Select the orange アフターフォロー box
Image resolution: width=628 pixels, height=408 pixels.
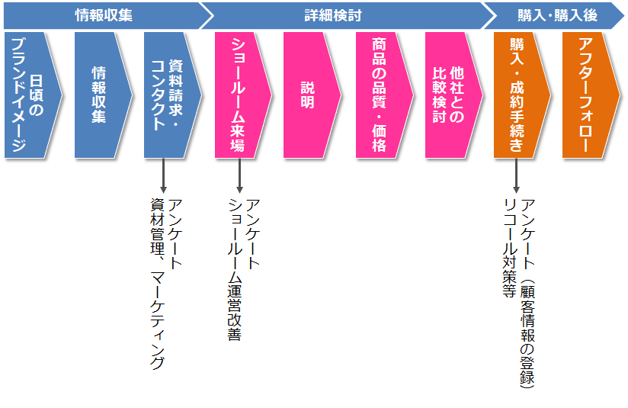click(x=588, y=95)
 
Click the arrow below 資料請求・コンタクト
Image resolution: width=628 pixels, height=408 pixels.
click(x=163, y=175)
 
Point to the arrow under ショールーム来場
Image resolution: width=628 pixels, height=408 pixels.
click(x=239, y=175)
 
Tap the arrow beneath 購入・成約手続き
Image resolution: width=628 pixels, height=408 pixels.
click(x=517, y=175)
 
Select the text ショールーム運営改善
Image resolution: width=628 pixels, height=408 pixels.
click(x=235, y=269)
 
